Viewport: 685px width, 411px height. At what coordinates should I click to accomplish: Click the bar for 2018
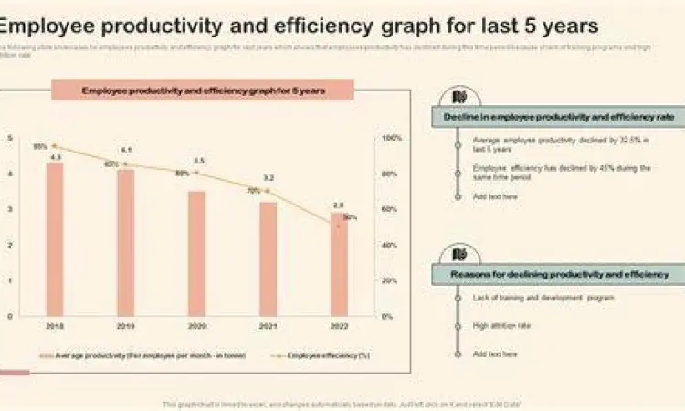pyautogui.click(x=55, y=239)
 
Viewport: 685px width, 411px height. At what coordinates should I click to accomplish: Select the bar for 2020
pyautogui.click(x=197, y=253)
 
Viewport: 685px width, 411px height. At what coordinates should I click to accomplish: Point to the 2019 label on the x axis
pyautogui.click(x=126, y=326)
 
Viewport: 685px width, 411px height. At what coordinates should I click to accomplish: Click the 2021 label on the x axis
pyautogui.click(x=268, y=326)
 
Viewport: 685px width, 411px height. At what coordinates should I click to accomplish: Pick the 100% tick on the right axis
pyautogui.click(x=391, y=138)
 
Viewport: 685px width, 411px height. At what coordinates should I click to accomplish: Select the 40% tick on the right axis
pyautogui.click(x=389, y=245)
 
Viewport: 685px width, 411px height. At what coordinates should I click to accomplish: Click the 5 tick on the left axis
pyautogui.click(x=10, y=138)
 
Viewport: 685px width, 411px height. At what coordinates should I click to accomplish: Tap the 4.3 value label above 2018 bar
pyautogui.click(x=55, y=157)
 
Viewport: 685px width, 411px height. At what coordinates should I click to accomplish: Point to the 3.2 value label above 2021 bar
pyautogui.click(x=269, y=178)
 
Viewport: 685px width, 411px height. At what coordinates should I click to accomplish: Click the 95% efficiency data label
pyautogui.click(x=40, y=146)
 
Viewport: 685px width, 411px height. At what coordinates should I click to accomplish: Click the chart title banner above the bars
pyautogui.click(x=203, y=90)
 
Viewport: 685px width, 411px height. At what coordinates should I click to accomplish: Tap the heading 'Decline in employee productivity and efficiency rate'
pyautogui.click(x=559, y=118)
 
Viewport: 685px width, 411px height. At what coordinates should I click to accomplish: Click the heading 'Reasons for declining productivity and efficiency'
pyautogui.click(x=559, y=274)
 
